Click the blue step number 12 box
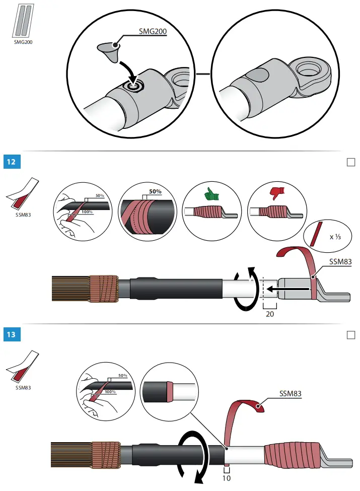11,162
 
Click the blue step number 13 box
11,334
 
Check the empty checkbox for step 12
351,162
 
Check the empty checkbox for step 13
351,334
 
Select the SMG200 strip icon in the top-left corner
22,21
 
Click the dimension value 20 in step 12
270,313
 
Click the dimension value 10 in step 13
226,478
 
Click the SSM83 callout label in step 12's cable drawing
340,262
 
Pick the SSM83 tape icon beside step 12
22,194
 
